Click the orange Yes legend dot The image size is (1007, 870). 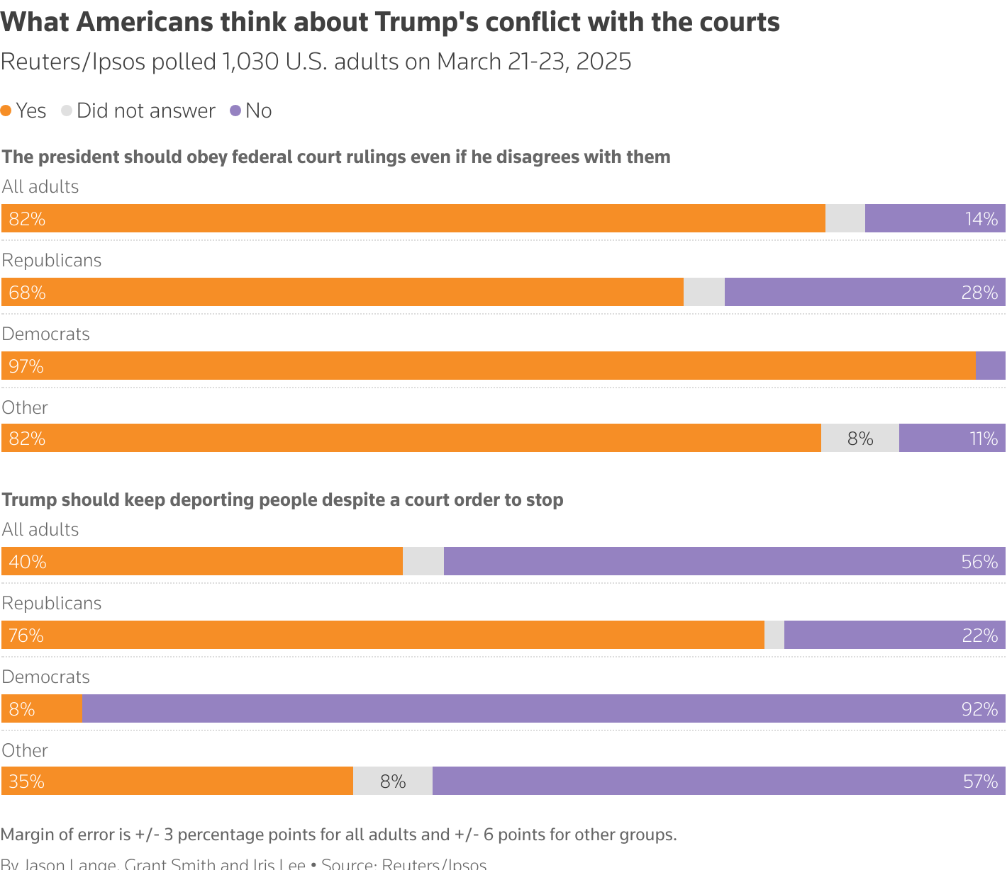pyautogui.click(x=6, y=111)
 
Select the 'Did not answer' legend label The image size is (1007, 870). pyautogui.click(x=145, y=111)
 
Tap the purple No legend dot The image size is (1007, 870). pyautogui.click(x=235, y=111)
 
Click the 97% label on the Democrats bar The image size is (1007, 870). pyautogui.click(x=26, y=366)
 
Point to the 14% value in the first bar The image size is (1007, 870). pyautogui.click(x=981, y=219)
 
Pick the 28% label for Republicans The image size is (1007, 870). pyautogui.click(x=979, y=293)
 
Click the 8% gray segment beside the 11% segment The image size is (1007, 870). pyautogui.click(x=860, y=439)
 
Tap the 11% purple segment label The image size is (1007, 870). pyautogui.click(x=984, y=439)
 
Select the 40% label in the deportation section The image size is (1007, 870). pyautogui.click(x=28, y=562)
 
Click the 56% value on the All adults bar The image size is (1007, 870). pyautogui.click(x=979, y=562)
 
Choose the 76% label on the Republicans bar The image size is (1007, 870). pyautogui.click(x=26, y=635)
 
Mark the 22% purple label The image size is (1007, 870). pyautogui.click(x=980, y=635)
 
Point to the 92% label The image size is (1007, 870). pyautogui.click(x=979, y=709)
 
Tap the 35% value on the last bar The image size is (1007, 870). pyautogui.click(x=27, y=781)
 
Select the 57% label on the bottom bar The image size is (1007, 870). pyautogui.click(x=980, y=781)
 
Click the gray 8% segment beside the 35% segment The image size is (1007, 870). pyautogui.click(x=393, y=781)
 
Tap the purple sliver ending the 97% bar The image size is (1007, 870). pyautogui.click(x=991, y=366)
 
